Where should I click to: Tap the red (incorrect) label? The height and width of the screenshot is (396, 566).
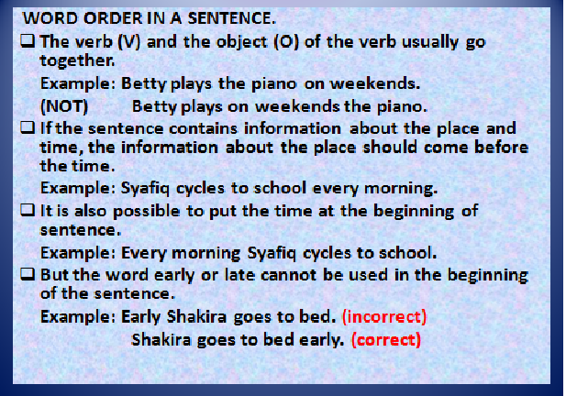[383, 317]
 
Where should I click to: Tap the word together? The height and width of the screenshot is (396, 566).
[77, 60]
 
